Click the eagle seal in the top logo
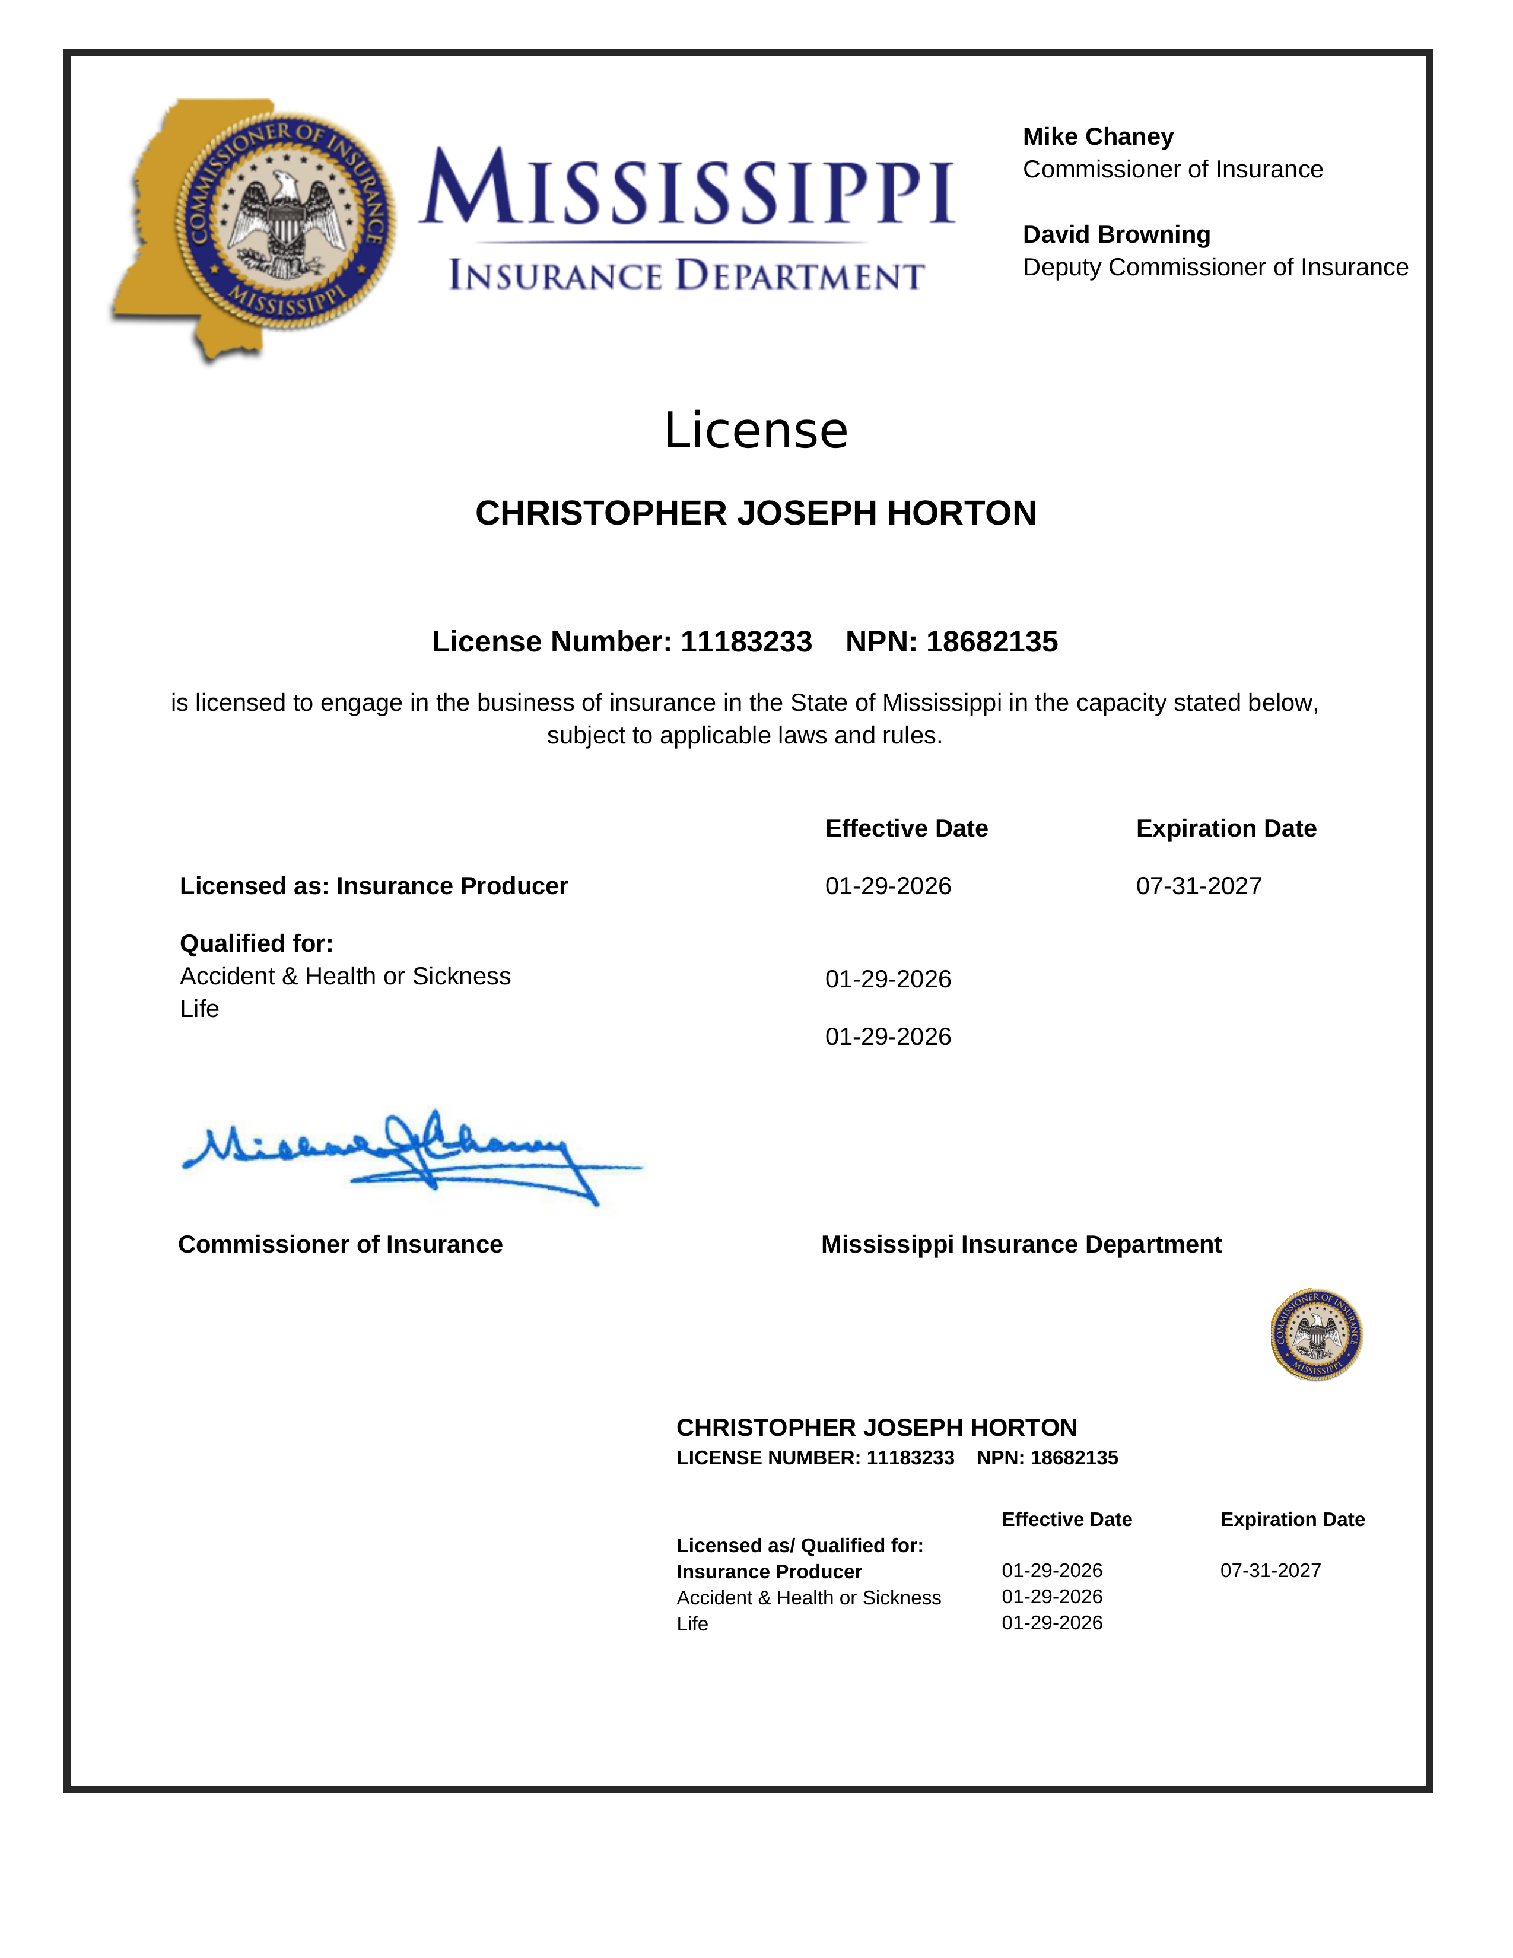(x=285, y=221)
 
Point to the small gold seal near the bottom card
(x=1316, y=1334)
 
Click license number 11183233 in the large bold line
(x=746, y=642)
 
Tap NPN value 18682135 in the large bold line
(x=991, y=642)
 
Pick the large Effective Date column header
(x=906, y=828)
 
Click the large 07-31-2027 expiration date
(x=1199, y=886)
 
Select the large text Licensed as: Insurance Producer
(x=374, y=886)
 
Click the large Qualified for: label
(x=256, y=943)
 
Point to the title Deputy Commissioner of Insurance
(x=1215, y=267)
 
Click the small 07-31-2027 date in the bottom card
(x=1270, y=1570)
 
